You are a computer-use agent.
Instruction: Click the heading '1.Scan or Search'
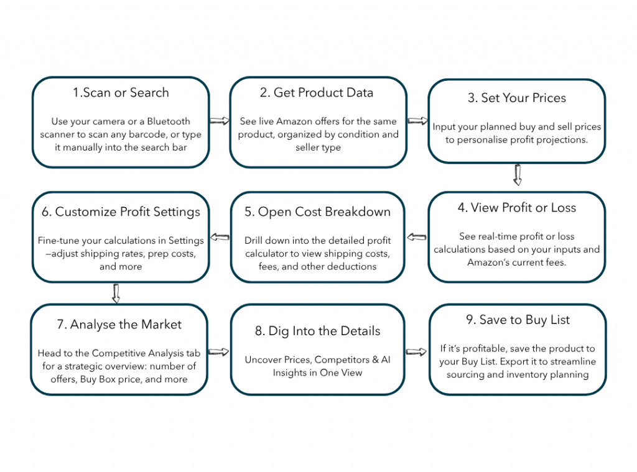click(x=121, y=93)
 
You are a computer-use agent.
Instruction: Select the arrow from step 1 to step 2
click(x=220, y=121)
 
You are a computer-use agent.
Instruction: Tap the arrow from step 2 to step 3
click(x=417, y=121)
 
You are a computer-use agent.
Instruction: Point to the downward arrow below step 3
click(x=517, y=175)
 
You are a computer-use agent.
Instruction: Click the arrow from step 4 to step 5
click(x=416, y=237)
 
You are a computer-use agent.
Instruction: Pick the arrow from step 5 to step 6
click(x=220, y=237)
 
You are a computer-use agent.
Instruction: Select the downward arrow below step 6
click(x=116, y=294)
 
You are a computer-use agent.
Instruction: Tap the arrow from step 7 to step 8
click(x=219, y=352)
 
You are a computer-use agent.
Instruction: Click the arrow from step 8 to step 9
click(x=416, y=352)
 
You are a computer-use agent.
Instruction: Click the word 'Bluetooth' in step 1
click(x=169, y=121)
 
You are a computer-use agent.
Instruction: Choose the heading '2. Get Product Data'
click(x=317, y=93)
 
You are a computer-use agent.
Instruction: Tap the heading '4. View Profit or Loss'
click(x=517, y=208)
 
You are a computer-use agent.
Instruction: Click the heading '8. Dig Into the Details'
click(x=318, y=331)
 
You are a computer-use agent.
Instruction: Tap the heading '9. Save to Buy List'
click(x=518, y=320)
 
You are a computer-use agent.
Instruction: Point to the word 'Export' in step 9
click(x=513, y=362)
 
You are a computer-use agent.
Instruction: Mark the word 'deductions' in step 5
click(x=352, y=266)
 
